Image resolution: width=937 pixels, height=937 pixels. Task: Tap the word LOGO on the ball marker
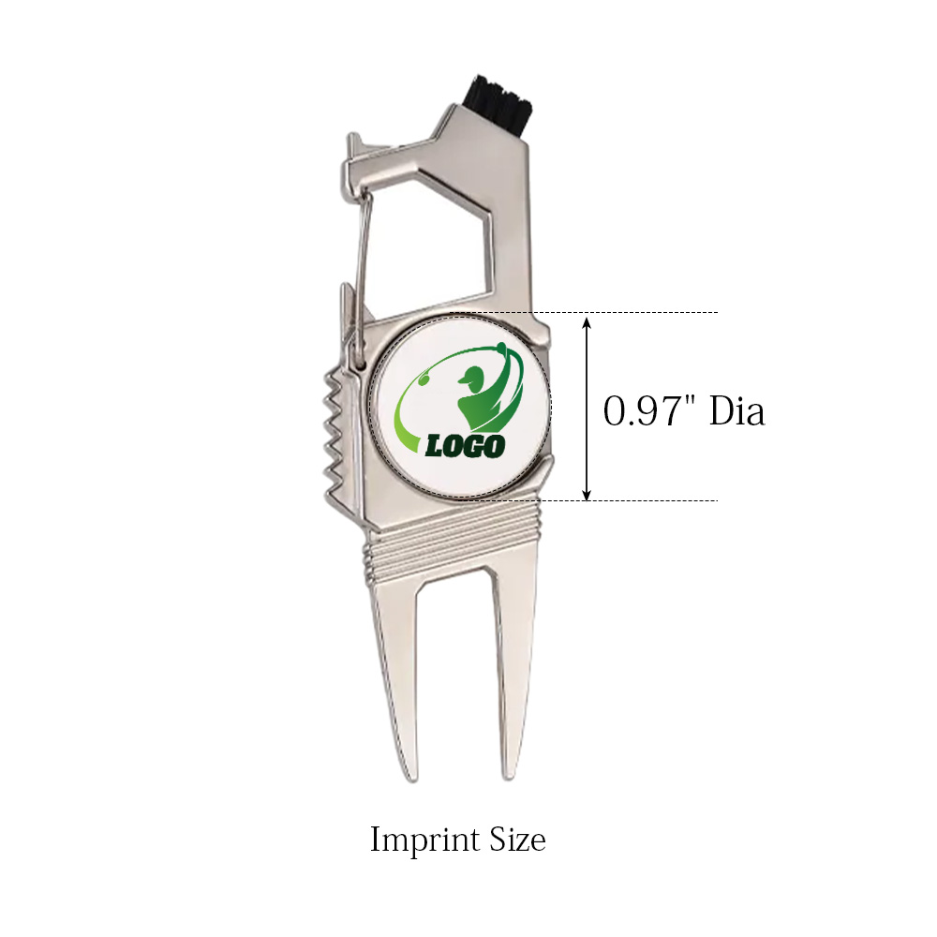(x=465, y=446)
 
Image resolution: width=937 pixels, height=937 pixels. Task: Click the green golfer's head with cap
(x=471, y=378)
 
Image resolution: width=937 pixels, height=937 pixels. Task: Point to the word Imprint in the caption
(x=425, y=840)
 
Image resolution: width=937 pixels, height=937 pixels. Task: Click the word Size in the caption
(x=517, y=839)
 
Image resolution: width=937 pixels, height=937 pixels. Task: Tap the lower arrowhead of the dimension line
(x=587, y=493)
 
